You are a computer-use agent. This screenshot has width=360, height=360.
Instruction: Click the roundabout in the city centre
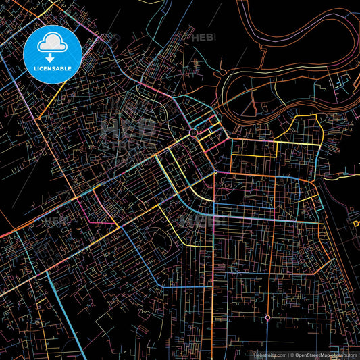(x=193, y=133)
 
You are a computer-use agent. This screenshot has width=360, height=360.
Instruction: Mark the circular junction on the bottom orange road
(x=267, y=317)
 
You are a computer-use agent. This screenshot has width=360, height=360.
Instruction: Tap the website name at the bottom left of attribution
(x=268, y=354)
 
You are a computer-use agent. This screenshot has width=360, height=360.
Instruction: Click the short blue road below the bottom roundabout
(x=267, y=334)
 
